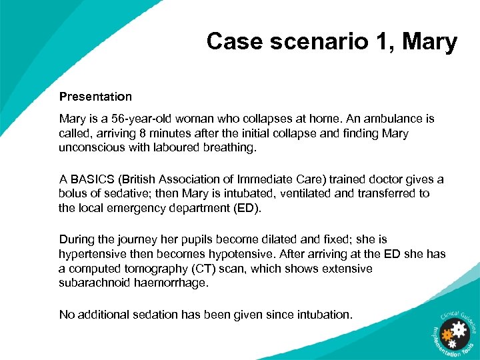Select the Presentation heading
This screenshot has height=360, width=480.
(x=95, y=97)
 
